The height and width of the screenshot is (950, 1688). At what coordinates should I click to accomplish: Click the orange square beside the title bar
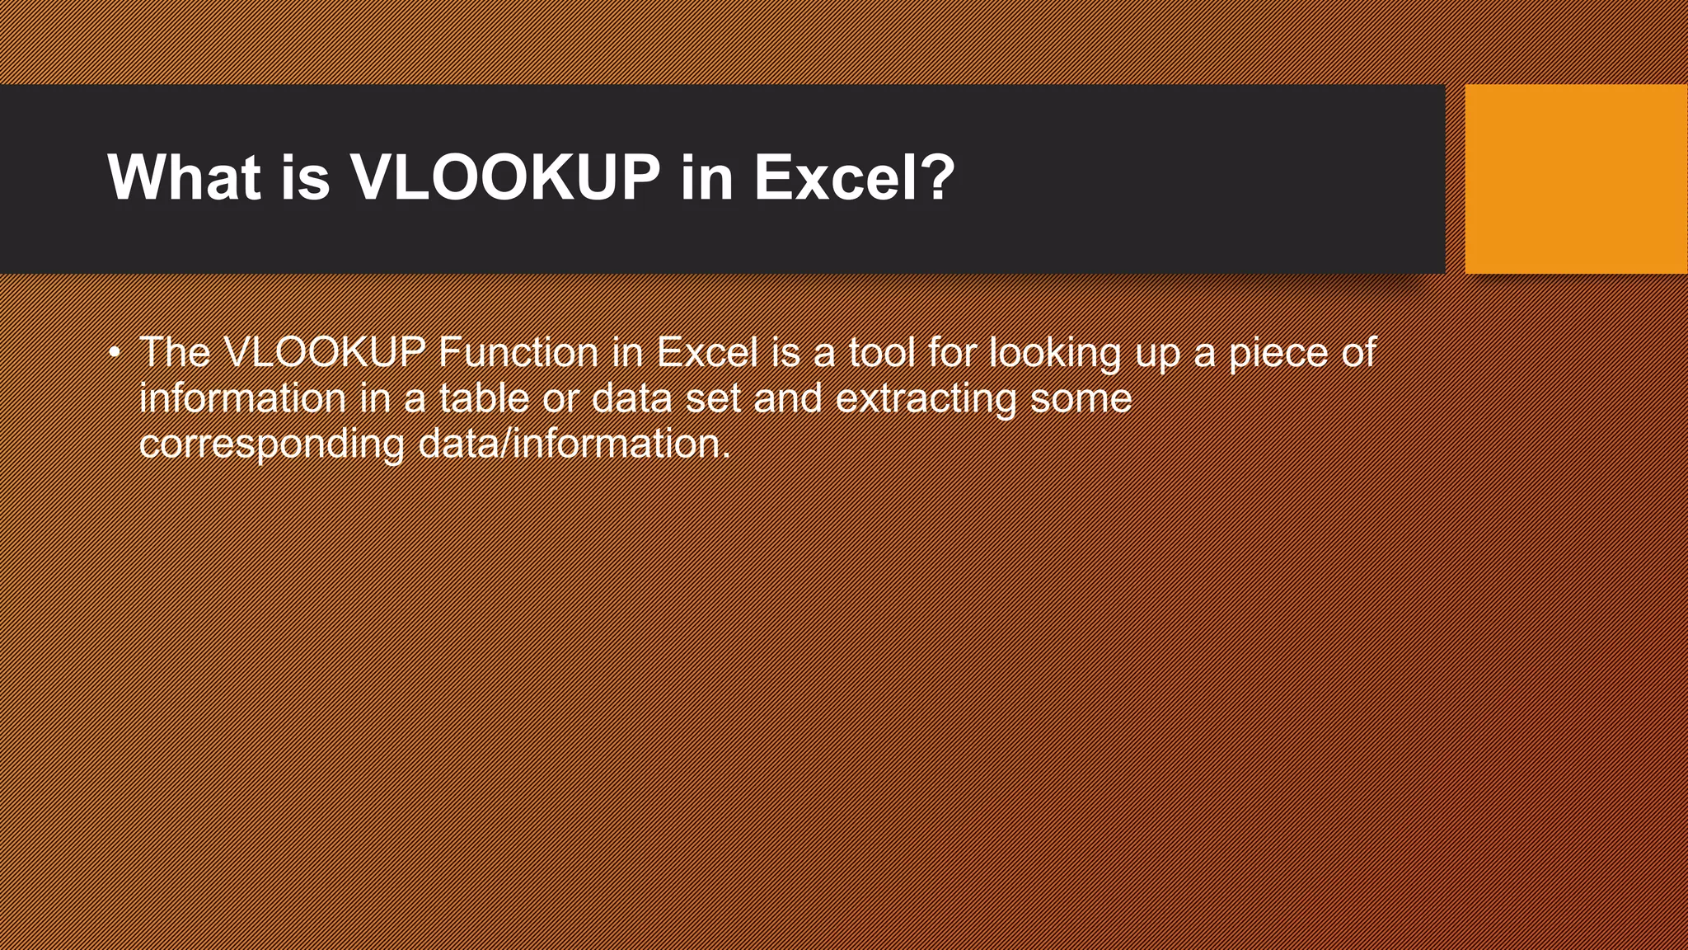[x=1576, y=179]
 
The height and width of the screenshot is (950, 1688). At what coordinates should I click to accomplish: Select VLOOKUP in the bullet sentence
[x=324, y=353]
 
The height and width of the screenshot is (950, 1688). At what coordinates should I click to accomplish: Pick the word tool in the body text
[x=882, y=353]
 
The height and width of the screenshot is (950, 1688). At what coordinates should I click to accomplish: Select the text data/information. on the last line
[x=574, y=444]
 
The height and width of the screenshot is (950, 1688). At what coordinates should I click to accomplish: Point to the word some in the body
[x=1081, y=398]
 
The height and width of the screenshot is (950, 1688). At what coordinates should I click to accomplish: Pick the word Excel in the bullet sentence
[x=707, y=353]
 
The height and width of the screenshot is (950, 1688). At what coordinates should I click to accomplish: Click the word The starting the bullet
[x=175, y=353]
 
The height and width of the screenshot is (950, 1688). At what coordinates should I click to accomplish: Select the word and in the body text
[x=788, y=398]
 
